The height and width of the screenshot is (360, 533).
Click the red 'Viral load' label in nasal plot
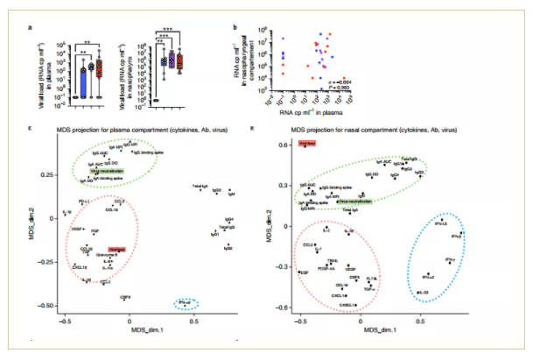(x=305, y=145)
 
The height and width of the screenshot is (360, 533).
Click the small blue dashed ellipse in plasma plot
(x=186, y=303)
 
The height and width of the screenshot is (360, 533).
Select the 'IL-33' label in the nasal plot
(x=423, y=291)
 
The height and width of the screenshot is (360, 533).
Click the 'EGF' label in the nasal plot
(x=304, y=272)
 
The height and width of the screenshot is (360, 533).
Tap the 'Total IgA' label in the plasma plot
(x=200, y=187)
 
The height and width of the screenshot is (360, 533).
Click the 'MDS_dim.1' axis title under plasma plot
(x=130, y=332)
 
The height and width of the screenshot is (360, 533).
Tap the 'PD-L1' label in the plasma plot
(x=85, y=202)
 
